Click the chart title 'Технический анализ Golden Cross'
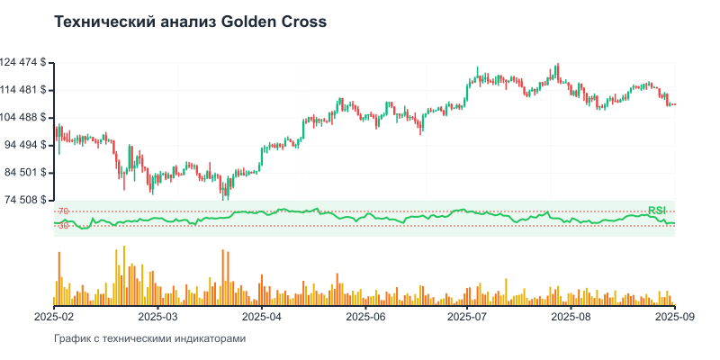tap(191, 21)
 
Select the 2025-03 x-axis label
tap(159, 317)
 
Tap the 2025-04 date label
tap(262, 317)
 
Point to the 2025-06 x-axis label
tap(365, 317)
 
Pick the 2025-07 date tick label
tap(468, 317)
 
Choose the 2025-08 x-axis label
tap(571, 317)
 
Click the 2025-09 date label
tap(674, 317)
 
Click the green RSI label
tap(657, 211)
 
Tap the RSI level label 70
tap(63, 211)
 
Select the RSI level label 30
tap(63, 226)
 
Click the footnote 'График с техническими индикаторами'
tap(149, 339)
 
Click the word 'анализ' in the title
tap(185, 21)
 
